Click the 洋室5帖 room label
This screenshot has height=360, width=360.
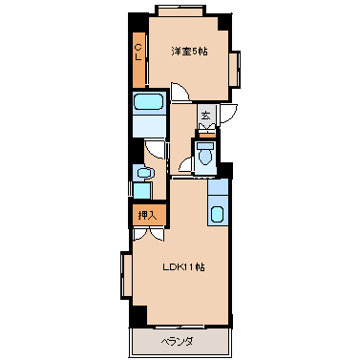click(189, 52)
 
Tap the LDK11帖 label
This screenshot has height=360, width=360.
click(183, 267)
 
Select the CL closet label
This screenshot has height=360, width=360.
click(138, 53)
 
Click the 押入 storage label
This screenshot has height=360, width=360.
click(148, 216)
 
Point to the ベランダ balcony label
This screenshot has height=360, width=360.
click(177, 343)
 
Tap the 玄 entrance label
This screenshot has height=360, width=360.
click(206, 115)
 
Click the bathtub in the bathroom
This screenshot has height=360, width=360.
click(149, 102)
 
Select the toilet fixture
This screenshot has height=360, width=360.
click(205, 154)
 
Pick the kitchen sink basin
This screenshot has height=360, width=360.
click(218, 214)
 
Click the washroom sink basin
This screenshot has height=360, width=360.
click(144, 173)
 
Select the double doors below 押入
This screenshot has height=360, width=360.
click(149, 235)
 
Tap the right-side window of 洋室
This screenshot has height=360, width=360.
click(235, 70)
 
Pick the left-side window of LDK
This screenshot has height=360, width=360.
click(126, 275)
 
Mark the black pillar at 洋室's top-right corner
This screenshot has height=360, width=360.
click(225, 22)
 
